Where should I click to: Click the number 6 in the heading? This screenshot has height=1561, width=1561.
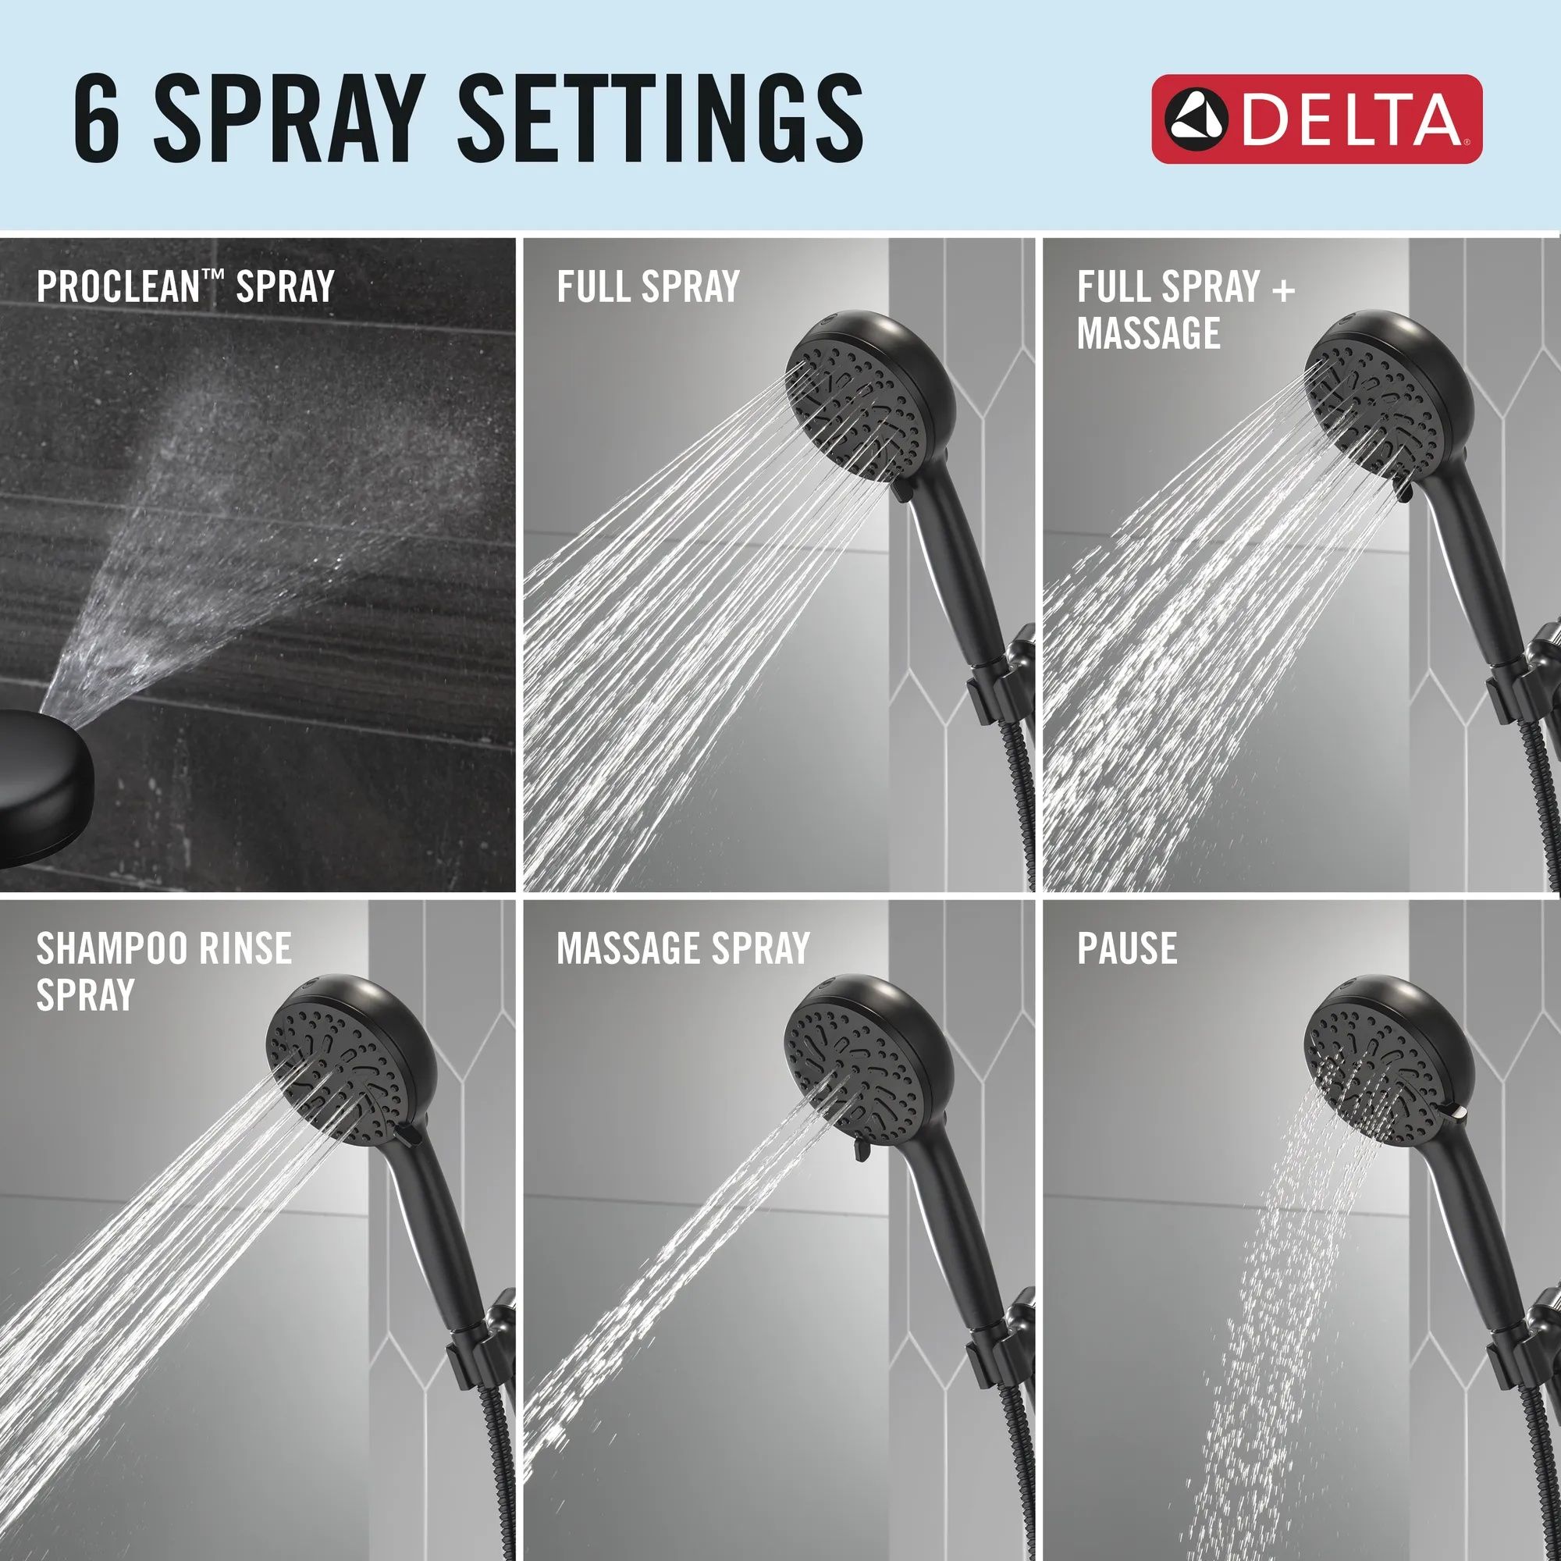96,117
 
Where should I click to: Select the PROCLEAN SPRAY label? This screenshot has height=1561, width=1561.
185,286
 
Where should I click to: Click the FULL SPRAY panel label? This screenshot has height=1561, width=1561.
648,286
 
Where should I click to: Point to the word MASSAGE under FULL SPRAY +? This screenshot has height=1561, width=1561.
1148,333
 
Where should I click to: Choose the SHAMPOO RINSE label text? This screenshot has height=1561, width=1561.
163,948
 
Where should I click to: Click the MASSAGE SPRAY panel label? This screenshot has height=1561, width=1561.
683,948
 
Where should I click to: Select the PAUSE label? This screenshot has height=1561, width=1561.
1126,948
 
